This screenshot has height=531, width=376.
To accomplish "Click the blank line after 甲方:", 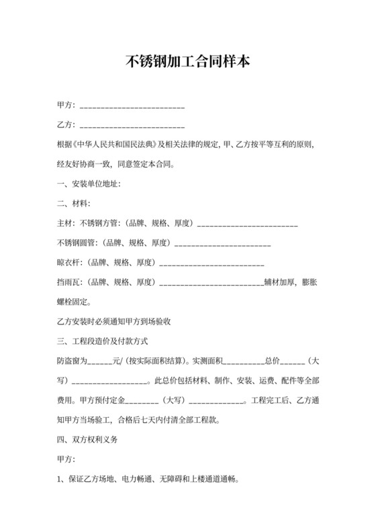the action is [132, 107].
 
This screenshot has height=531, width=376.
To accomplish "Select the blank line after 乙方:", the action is [132, 125].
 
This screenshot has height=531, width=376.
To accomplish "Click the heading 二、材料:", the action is [74, 203].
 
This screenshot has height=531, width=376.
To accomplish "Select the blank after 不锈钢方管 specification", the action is [247, 223].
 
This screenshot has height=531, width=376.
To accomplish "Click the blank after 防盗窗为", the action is [100, 361].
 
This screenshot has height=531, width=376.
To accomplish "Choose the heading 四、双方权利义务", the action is [87, 440].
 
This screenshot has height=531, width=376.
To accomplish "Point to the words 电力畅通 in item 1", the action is [137, 480].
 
